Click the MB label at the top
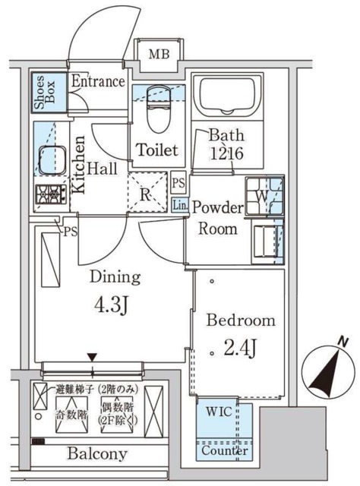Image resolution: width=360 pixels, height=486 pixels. (159, 54)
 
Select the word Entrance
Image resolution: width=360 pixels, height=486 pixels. (98, 82)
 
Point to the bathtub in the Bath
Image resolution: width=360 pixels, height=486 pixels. (226, 97)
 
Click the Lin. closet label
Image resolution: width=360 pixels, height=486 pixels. (179, 205)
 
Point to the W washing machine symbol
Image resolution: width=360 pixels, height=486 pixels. (262, 194)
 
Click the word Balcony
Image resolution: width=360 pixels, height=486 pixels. (96, 454)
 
